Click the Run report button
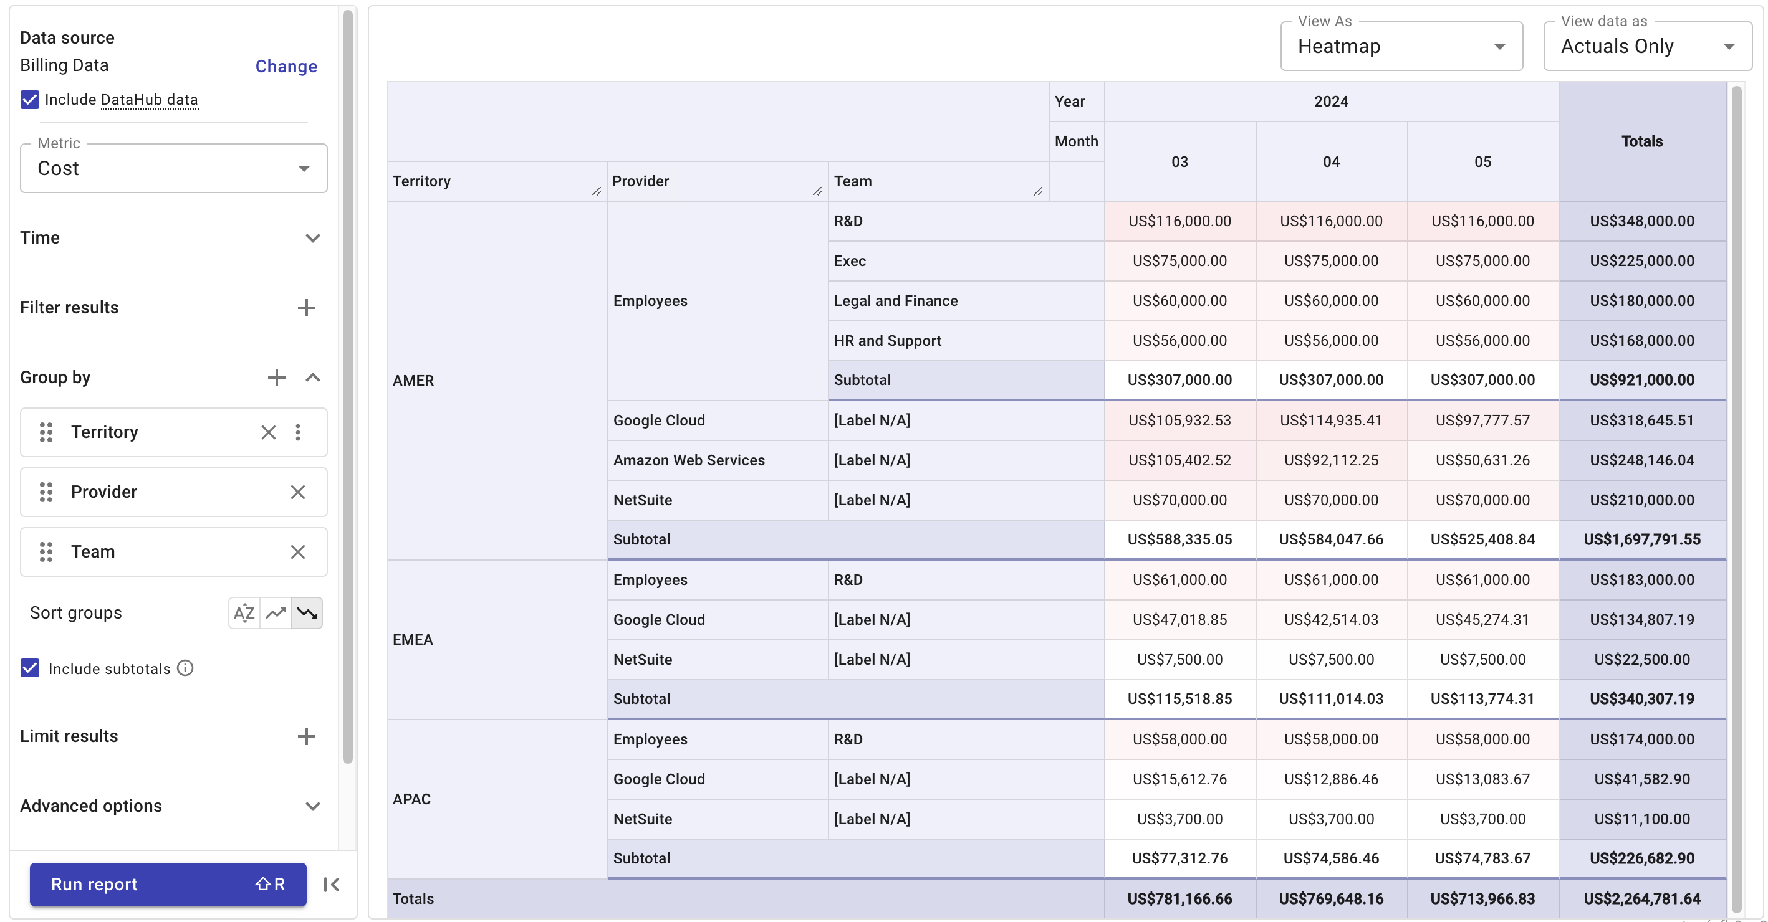click(168, 883)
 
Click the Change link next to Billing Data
click(286, 66)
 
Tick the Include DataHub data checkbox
click(29, 100)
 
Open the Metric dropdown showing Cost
click(174, 168)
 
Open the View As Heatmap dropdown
click(1401, 46)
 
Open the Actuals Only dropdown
click(1646, 46)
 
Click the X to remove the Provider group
click(297, 492)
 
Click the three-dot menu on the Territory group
click(297, 432)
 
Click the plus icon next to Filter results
click(306, 307)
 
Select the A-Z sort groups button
click(244, 612)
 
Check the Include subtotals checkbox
click(29, 668)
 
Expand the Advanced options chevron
click(312, 806)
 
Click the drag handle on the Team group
click(46, 551)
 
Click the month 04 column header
click(1331, 162)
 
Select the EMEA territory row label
click(413, 639)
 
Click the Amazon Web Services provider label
click(688, 460)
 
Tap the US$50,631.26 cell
click(1482, 460)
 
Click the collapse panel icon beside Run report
click(332, 884)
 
